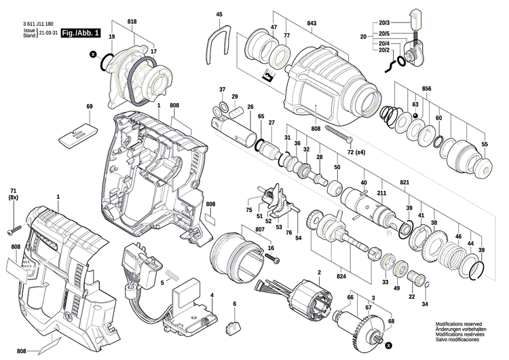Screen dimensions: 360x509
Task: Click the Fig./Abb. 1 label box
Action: tap(79, 33)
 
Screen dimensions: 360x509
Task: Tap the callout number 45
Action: tap(219, 14)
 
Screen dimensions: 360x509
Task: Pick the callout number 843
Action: tap(312, 24)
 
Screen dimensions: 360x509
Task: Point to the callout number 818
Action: tap(131, 22)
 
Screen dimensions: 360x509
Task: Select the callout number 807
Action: tap(260, 229)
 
